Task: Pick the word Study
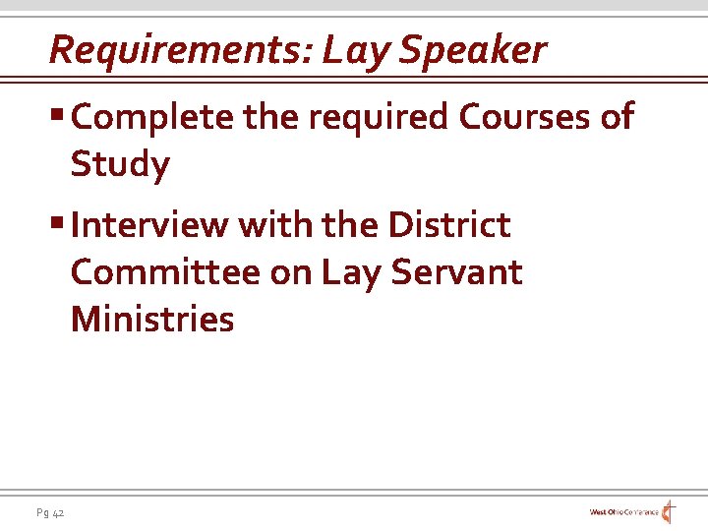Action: (x=120, y=164)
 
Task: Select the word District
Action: (x=449, y=225)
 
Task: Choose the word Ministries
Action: (x=152, y=320)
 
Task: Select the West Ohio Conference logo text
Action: (x=623, y=512)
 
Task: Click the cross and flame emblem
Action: (x=669, y=511)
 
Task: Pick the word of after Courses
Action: (x=616, y=117)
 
